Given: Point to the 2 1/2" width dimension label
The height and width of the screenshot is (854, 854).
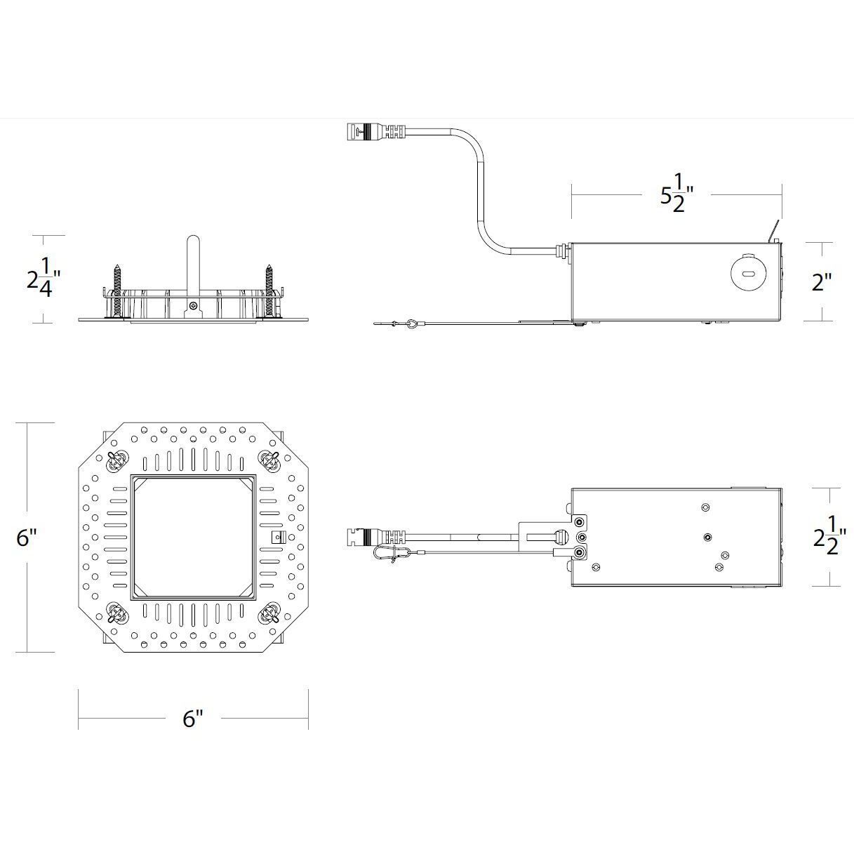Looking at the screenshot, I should pyautogui.click(x=828, y=537).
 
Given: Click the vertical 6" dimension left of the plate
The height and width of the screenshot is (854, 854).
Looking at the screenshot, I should pyautogui.click(x=27, y=538).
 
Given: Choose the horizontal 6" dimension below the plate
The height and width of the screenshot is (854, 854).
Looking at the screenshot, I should pyautogui.click(x=193, y=718).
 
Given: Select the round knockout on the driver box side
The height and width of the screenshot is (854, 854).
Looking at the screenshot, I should pyautogui.click(x=747, y=272).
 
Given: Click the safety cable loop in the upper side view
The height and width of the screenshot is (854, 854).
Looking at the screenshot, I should pyautogui.click(x=412, y=323).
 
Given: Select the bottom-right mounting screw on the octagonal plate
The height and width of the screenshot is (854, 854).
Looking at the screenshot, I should pyautogui.click(x=269, y=615).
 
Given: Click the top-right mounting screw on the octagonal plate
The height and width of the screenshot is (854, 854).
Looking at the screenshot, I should pyautogui.click(x=269, y=461).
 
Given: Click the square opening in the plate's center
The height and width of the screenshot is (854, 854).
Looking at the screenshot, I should pyautogui.click(x=193, y=538).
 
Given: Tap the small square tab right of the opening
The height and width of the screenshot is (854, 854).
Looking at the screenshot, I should pyautogui.click(x=278, y=538).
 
